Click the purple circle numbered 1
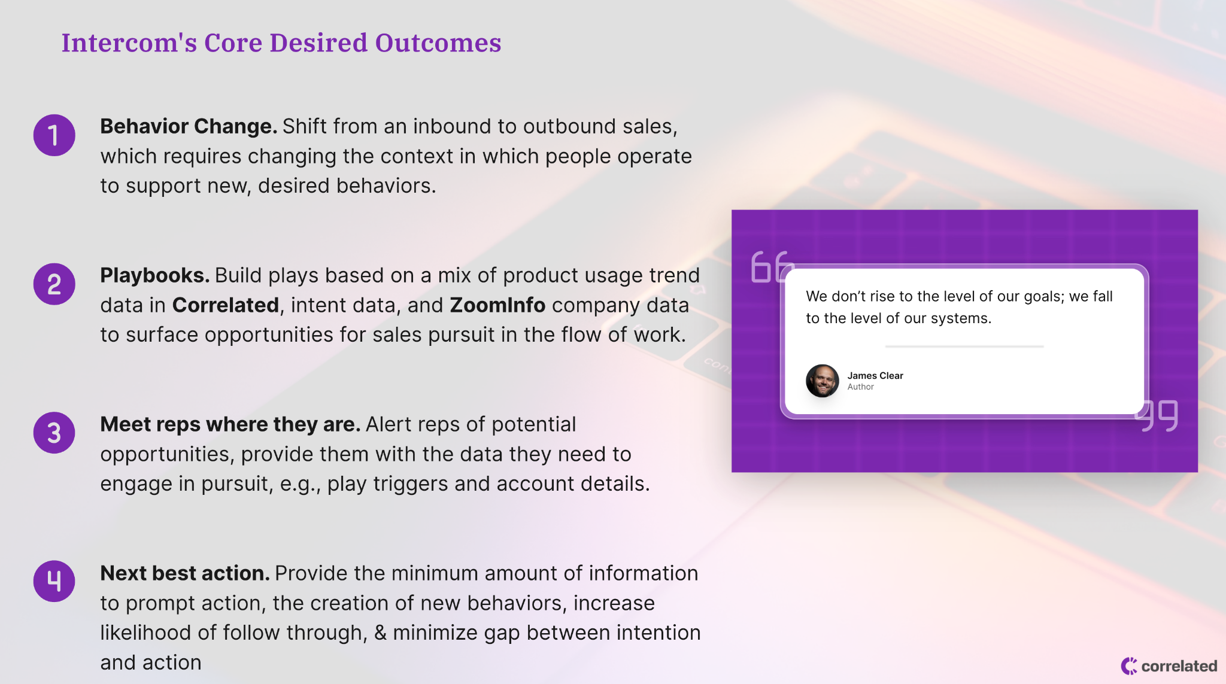coord(54,135)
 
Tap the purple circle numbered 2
coord(54,284)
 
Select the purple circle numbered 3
coord(54,433)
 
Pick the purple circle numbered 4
coord(54,581)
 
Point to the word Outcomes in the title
coord(438,42)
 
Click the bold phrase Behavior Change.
coord(189,127)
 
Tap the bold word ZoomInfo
coord(497,305)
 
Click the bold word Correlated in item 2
coord(226,305)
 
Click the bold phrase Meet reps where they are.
coord(230,425)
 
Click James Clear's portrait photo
coord(823,381)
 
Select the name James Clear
coord(875,376)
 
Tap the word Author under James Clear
coord(861,387)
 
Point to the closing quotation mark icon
coord(1157,416)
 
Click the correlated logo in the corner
coord(1169,666)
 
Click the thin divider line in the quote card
coord(964,346)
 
